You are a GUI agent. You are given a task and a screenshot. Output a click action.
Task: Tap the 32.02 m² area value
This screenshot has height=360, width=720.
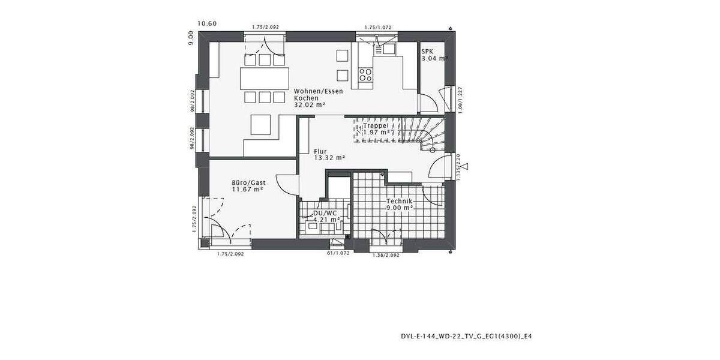pos(310,104)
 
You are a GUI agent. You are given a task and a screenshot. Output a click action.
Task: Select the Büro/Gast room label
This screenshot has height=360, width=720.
pos(248,182)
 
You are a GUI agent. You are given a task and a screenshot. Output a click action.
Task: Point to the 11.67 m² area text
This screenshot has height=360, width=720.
pos(248,189)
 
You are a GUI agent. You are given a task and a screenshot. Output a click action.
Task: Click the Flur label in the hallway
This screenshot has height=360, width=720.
pos(320,151)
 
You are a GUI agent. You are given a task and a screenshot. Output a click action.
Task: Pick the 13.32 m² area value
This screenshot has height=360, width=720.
pos(329,158)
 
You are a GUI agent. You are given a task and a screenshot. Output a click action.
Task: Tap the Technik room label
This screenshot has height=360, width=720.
pos(399,201)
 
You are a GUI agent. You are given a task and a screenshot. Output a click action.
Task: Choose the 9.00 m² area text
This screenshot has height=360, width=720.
pos(400,208)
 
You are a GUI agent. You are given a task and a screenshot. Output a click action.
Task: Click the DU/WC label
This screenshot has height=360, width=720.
pos(325,213)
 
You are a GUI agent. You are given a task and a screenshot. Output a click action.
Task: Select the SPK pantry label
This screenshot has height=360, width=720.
pos(427,52)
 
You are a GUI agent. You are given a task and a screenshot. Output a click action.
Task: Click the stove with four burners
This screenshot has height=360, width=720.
pos(365,74)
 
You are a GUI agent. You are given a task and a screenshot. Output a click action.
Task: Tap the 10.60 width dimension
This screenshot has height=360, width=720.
pos(207,24)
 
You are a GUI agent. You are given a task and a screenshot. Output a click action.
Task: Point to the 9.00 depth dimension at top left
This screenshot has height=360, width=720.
pos(191,38)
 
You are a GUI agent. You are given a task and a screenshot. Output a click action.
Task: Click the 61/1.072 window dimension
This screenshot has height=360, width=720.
pos(338,254)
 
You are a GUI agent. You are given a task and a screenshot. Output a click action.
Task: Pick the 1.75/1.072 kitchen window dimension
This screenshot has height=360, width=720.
pos(379,27)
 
